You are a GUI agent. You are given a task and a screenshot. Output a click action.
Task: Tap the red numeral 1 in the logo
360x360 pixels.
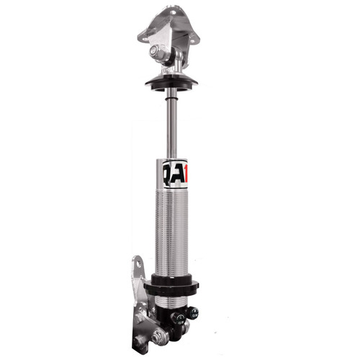(183, 173)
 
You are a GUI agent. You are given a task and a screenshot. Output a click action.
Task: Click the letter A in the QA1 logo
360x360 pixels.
(174, 174)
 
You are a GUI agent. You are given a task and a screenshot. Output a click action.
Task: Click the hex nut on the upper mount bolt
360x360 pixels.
(153, 51)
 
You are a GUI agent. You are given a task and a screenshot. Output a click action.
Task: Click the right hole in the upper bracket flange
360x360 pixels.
(193, 35)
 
